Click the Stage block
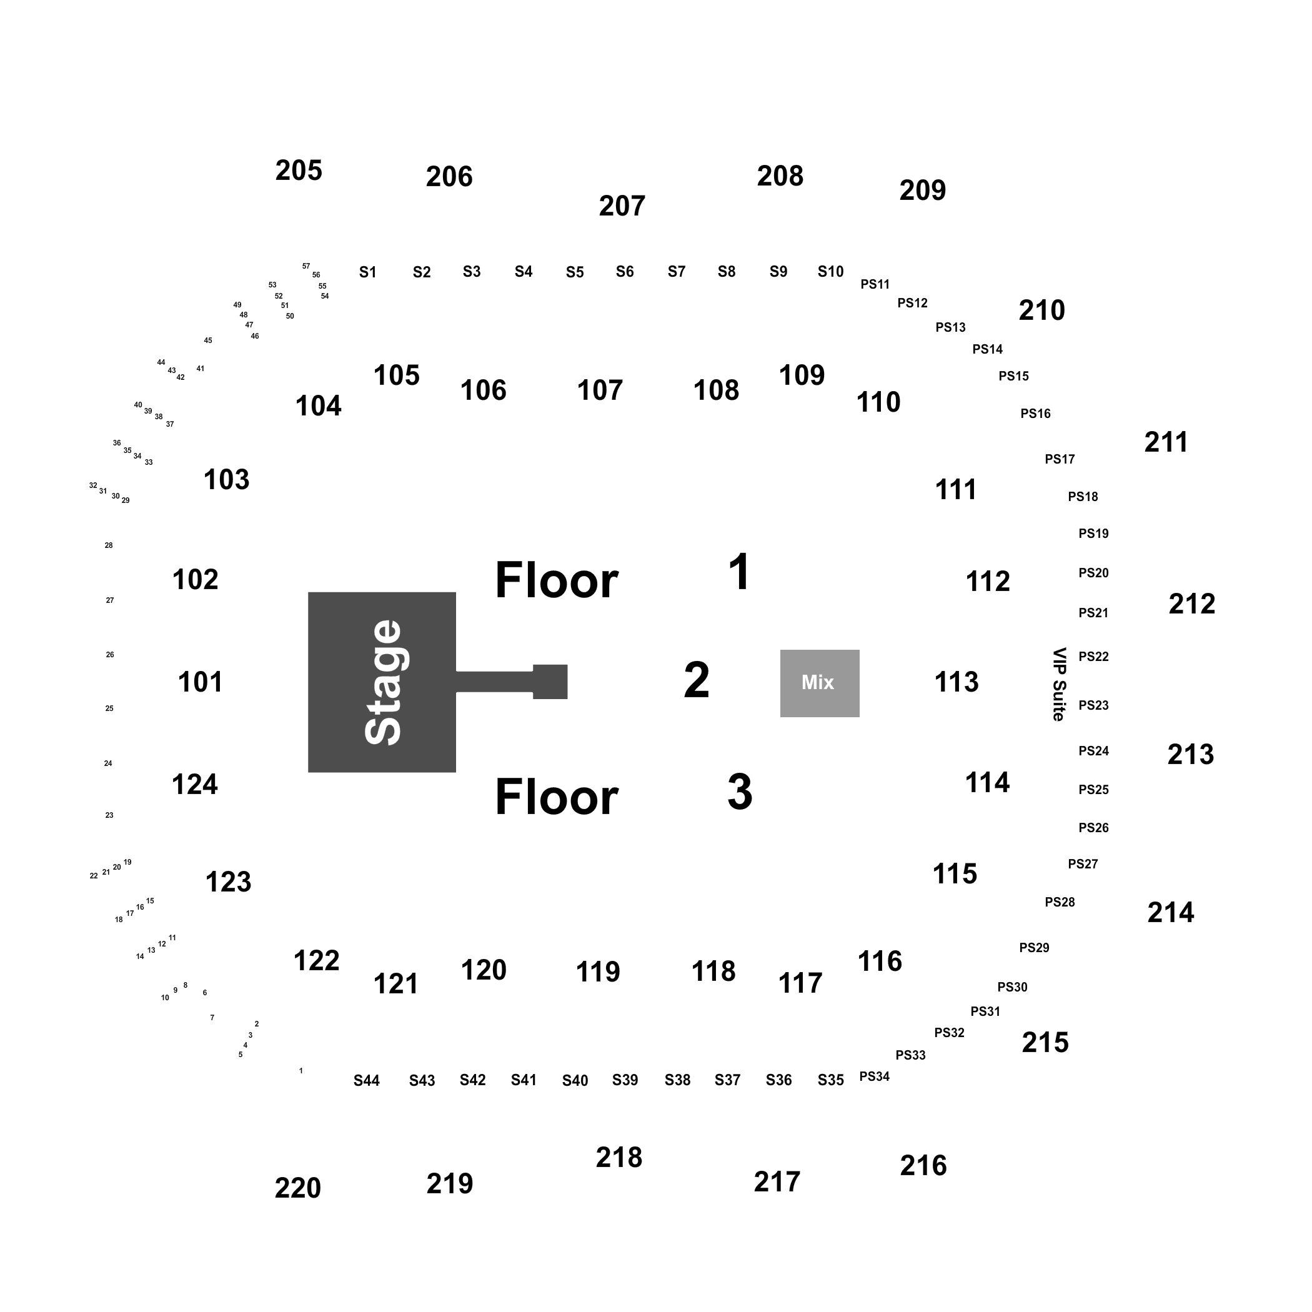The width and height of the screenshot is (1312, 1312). point(382,682)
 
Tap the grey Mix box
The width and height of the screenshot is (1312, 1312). point(820,683)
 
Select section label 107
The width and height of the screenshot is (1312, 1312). point(600,390)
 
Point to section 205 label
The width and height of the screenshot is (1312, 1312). point(299,171)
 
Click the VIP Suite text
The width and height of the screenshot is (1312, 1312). point(1059,684)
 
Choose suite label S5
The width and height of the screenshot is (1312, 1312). point(575,272)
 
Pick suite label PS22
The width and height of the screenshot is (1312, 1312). point(1093,657)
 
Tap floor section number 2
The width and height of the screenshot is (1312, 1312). point(697,680)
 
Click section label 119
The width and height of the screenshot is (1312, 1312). point(599,972)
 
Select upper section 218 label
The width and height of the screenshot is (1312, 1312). point(619,1158)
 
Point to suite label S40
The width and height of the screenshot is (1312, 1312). point(575,1080)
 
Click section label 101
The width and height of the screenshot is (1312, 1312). point(201,682)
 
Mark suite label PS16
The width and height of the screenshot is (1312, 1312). point(1036,414)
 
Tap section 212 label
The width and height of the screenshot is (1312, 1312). point(1192,604)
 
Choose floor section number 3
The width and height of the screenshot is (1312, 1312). point(740,792)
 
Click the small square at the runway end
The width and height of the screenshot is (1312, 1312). point(550,682)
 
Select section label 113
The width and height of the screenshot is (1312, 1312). point(957,682)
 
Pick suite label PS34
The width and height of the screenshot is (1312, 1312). point(875,1076)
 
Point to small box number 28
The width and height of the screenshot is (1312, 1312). point(109,545)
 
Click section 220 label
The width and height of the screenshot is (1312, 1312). point(298,1188)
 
